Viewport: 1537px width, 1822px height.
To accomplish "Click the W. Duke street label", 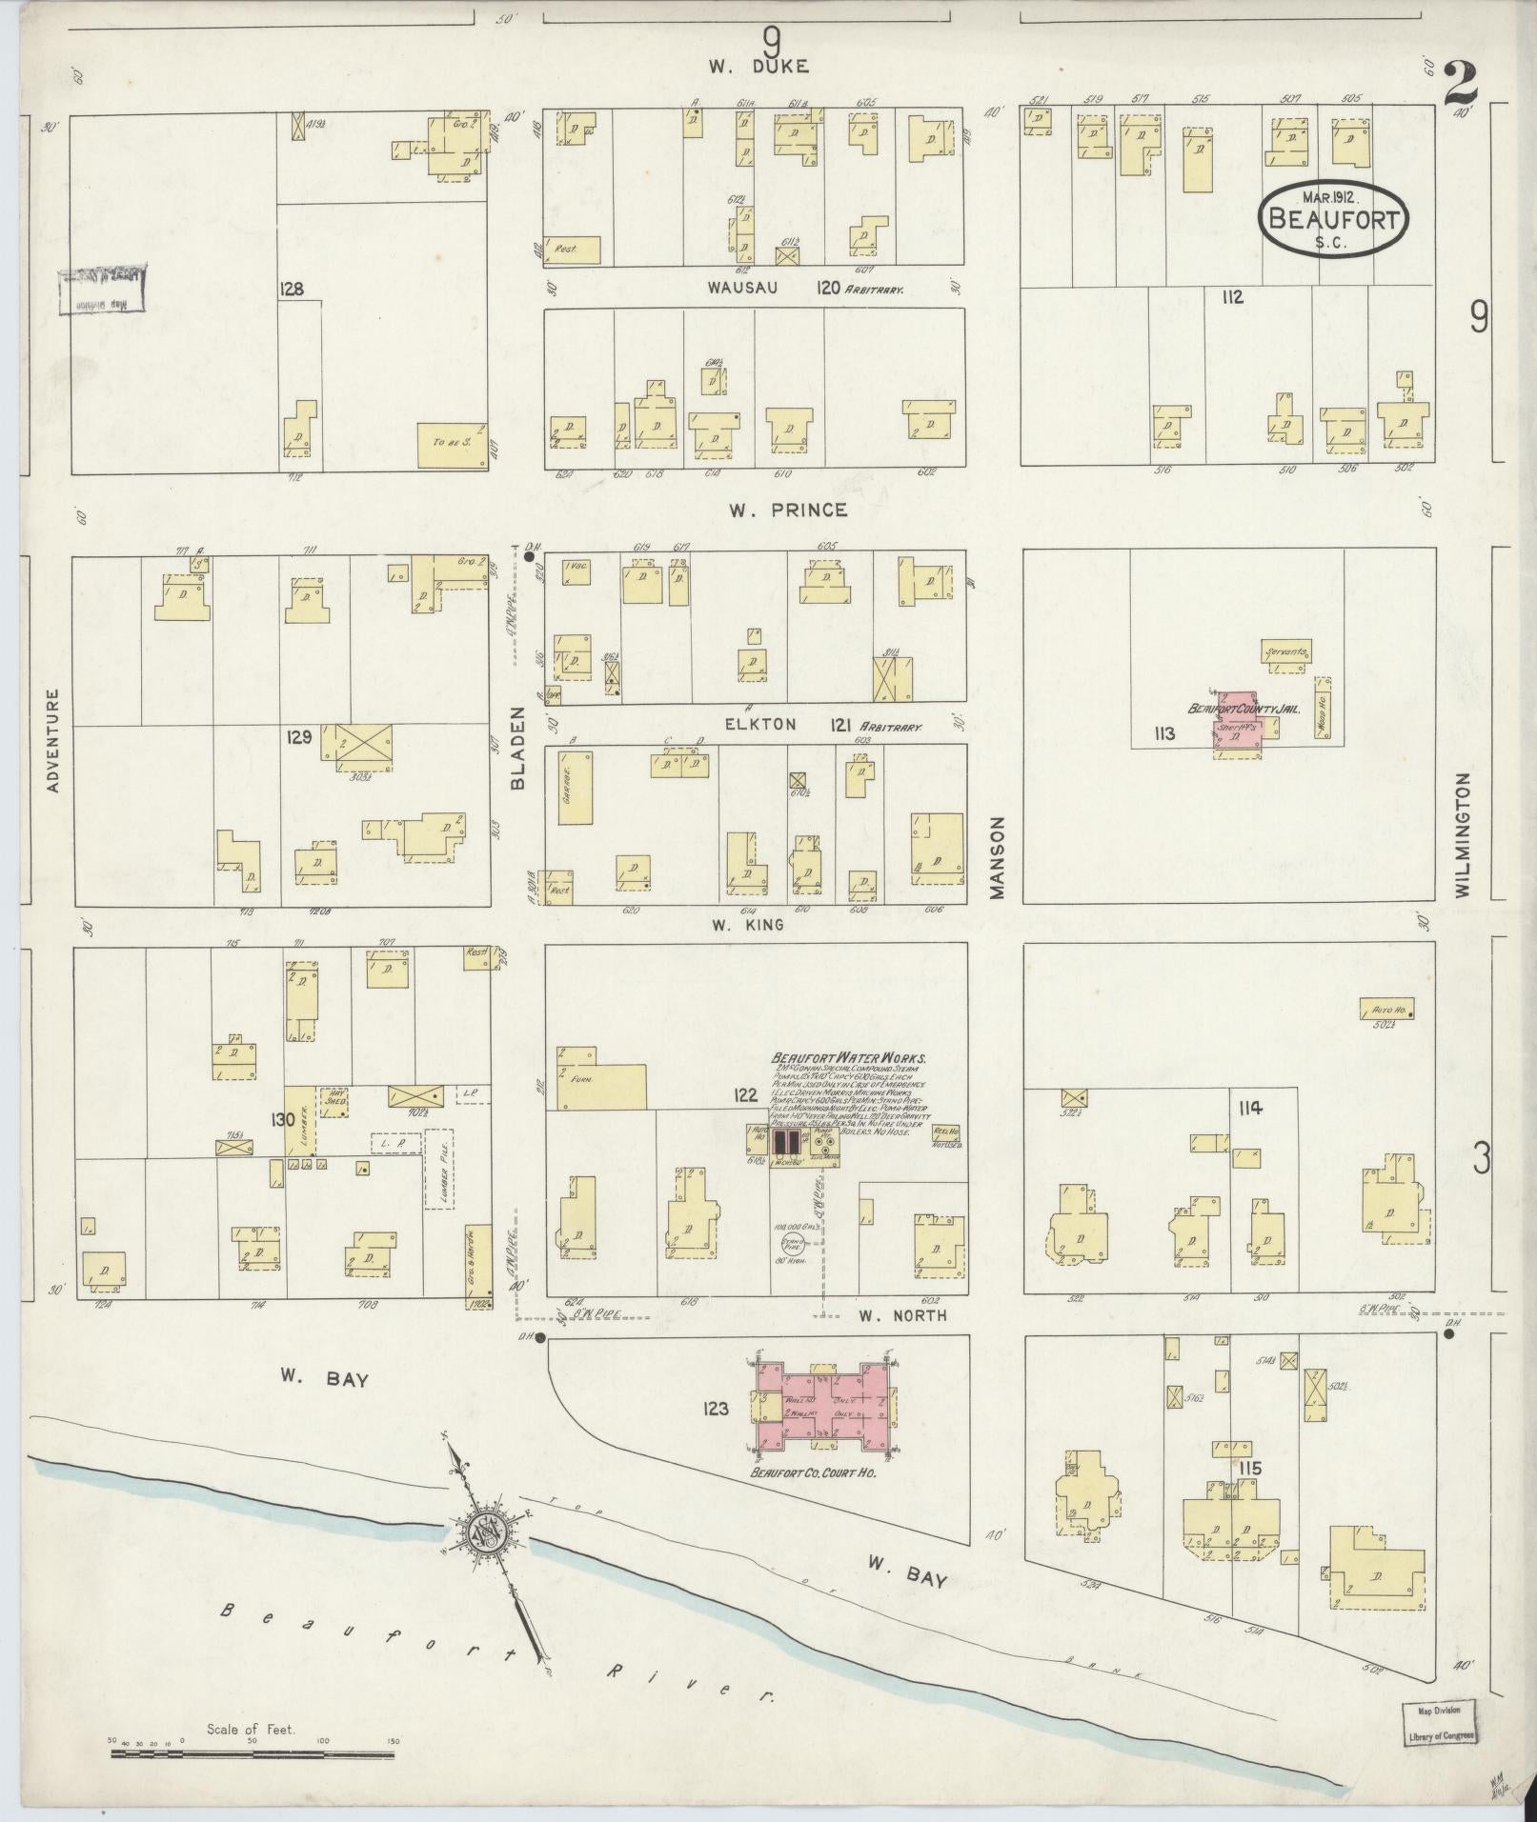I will point(758,67).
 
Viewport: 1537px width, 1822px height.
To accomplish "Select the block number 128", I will point(292,289).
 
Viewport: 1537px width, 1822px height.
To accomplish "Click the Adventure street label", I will point(52,741).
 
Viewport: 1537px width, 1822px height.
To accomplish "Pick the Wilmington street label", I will point(1463,833).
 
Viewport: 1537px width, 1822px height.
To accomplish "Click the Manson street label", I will point(998,856).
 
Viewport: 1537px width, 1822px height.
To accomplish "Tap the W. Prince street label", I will point(787,511).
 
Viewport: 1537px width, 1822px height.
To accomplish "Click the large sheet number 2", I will point(1460,84).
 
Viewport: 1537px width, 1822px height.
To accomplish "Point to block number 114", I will point(1251,1108).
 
